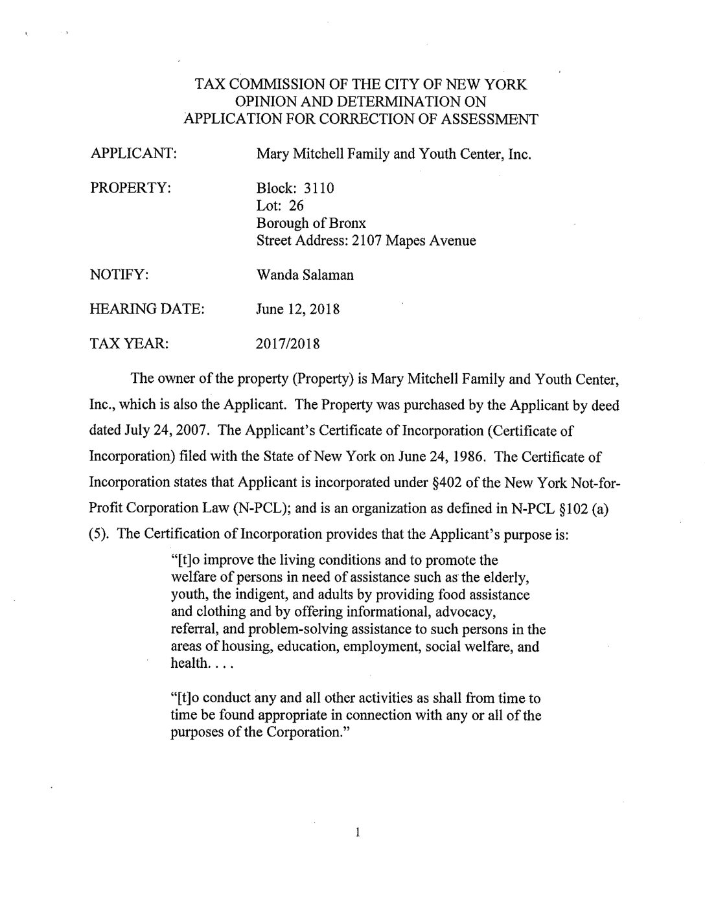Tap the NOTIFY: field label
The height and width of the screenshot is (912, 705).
120,275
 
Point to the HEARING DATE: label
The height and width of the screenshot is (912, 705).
147,309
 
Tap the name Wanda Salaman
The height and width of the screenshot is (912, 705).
305,275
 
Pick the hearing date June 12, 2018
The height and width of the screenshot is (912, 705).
298,309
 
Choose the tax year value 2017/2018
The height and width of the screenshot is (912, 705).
288,343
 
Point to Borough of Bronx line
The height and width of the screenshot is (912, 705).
311,223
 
